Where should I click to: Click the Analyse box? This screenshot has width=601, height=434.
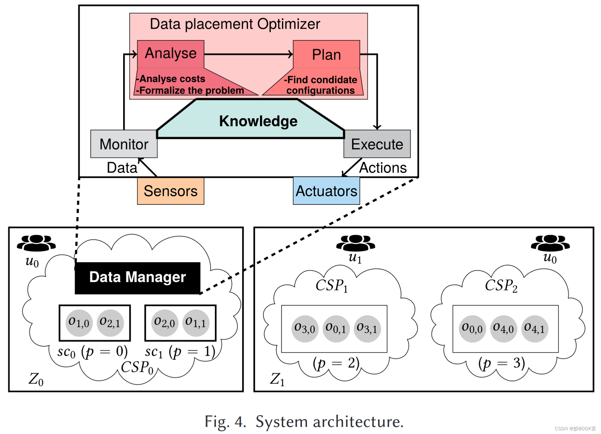170,54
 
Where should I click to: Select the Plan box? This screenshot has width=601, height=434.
326,54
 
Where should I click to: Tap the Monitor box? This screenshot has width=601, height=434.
124,144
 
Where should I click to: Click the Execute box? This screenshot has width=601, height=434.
377,144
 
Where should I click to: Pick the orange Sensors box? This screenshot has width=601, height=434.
170,191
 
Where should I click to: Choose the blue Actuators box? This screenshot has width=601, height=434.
326,191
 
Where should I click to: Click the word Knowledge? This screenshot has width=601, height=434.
258,121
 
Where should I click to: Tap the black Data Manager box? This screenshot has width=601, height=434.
137,277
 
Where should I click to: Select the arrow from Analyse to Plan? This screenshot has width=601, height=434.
247,54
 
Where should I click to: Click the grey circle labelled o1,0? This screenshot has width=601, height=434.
79,323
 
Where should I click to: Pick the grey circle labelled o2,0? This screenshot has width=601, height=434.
164,323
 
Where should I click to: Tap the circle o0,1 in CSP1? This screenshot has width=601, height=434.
336,329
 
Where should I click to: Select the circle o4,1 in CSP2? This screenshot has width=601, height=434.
535,329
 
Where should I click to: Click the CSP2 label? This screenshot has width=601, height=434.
501,286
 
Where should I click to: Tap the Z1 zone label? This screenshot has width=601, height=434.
277,379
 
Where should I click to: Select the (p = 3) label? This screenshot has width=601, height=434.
501,363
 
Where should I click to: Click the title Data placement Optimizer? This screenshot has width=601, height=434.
235,24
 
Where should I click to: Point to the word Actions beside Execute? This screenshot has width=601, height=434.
383,168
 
